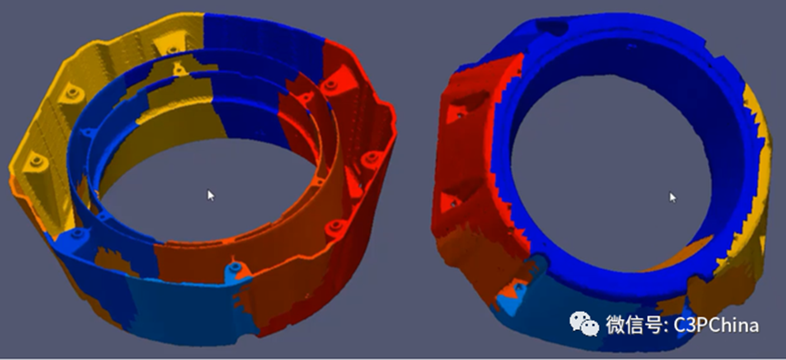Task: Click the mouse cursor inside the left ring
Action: click(211, 195)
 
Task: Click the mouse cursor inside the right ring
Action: click(672, 197)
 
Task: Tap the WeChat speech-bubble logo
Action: click(584, 323)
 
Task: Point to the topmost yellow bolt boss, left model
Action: click(172, 48)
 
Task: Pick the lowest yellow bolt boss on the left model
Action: click(36, 161)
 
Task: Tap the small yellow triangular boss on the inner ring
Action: click(177, 69)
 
